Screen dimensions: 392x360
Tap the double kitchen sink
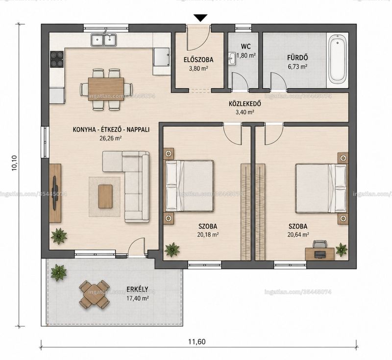coord(104,40)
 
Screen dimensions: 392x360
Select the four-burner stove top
coord(57,59)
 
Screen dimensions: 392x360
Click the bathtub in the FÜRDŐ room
coord(337,59)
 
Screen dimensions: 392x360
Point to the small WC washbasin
coord(232,59)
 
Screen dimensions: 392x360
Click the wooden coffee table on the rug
coord(105,196)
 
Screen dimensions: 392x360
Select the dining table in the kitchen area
coord(106,89)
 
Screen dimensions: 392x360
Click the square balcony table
coord(94,295)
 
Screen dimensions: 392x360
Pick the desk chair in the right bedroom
coord(320,244)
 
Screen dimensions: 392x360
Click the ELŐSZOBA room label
coord(198,60)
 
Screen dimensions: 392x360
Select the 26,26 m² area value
coord(111,138)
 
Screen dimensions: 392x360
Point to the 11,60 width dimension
coord(197,341)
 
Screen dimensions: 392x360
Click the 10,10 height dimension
coord(15,163)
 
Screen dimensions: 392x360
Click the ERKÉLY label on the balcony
coord(137,289)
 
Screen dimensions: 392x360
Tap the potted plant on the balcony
coord(58,273)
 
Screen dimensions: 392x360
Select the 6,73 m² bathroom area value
coord(297,67)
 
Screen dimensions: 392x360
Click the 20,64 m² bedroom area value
coord(298,235)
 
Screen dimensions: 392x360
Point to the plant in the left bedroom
coord(172,249)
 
